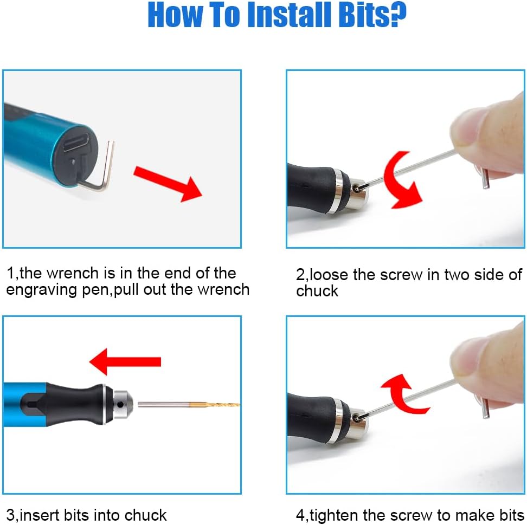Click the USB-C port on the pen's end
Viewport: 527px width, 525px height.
tap(76, 142)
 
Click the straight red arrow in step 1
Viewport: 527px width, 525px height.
tap(168, 184)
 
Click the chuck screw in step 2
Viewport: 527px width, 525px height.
tap(356, 189)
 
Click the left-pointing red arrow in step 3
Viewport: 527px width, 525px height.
tap(125, 362)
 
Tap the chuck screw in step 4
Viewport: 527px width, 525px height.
tap(356, 418)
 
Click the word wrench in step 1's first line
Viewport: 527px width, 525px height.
tap(73, 274)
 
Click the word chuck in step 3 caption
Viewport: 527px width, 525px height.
tap(145, 515)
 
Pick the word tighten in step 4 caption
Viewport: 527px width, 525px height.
tap(333, 516)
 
